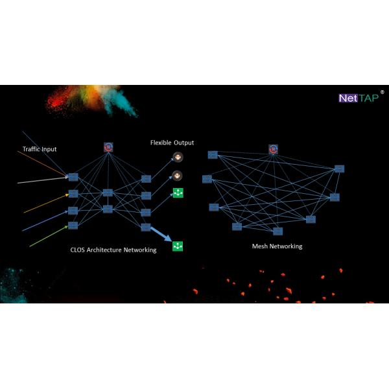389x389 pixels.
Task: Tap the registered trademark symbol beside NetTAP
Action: (x=382, y=93)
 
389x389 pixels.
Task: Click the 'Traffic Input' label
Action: (x=40, y=149)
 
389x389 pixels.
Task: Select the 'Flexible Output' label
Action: (x=172, y=143)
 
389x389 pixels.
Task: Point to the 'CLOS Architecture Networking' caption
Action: (x=113, y=250)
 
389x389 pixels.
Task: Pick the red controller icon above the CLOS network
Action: (x=109, y=148)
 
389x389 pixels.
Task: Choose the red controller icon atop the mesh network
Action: (x=273, y=150)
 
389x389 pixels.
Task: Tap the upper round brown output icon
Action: (x=177, y=158)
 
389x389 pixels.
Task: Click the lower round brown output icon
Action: (x=177, y=175)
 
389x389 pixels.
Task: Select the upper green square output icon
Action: (x=178, y=193)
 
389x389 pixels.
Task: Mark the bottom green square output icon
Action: (x=178, y=246)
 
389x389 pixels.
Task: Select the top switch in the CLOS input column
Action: (x=73, y=176)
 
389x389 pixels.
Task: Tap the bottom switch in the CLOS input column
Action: (x=73, y=225)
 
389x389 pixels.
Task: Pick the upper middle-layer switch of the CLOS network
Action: (x=108, y=193)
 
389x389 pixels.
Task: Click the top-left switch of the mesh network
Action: (x=212, y=154)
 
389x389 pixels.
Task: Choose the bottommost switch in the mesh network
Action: (x=277, y=231)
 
